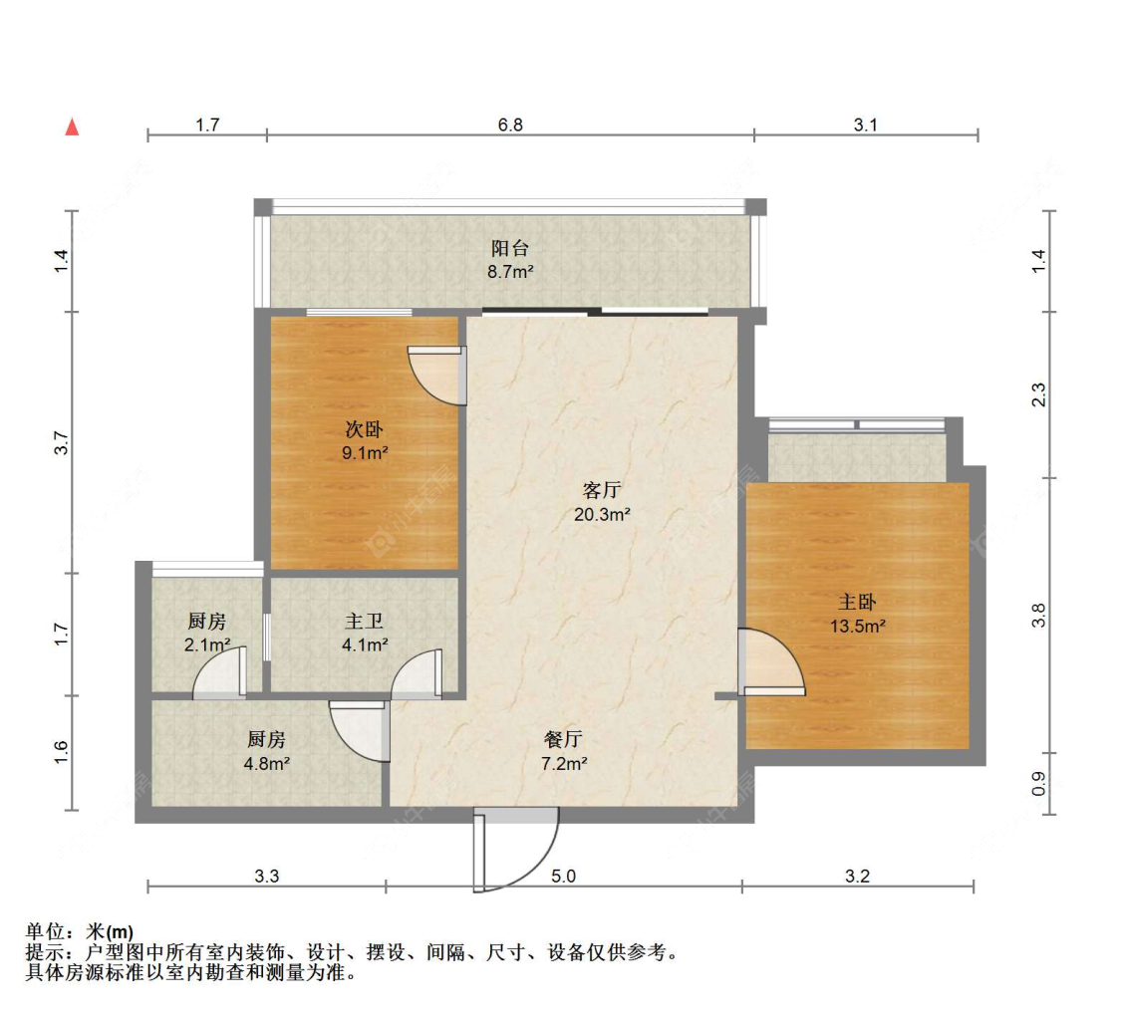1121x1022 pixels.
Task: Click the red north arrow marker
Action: point(72,127)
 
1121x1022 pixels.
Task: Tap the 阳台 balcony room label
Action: point(509,248)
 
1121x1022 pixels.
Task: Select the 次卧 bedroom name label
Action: point(364,429)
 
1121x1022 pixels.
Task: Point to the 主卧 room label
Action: point(857,603)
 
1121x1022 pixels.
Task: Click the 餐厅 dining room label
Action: point(563,740)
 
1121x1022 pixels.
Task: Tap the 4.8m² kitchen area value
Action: point(266,764)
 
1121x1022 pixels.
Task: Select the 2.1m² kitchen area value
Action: point(206,644)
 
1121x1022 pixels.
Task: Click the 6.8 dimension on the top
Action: point(510,125)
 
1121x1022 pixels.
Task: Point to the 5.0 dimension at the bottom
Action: point(564,877)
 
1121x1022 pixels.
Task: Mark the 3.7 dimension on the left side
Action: point(61,443)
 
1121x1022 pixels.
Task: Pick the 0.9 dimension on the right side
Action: point(1038,785)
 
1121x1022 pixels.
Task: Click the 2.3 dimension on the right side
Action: point(1038,394)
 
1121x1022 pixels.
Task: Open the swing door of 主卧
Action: point(770,661)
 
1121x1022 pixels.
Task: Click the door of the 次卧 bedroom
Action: point(439,374)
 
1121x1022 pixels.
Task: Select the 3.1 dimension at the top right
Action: point(865,125)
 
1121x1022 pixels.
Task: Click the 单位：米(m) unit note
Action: point(80,932)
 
